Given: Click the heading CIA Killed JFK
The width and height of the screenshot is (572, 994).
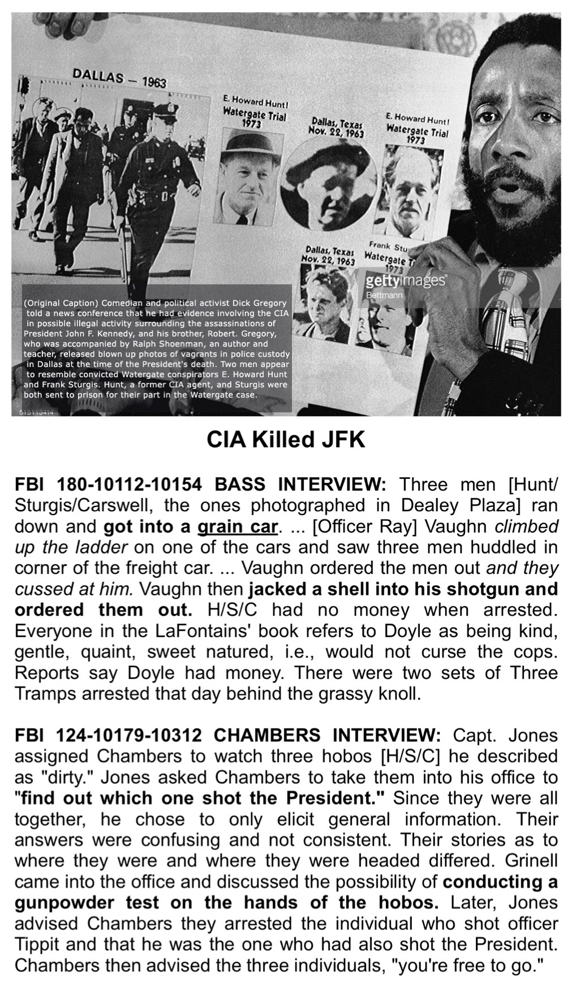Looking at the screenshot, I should pyautogui.click(x=286, y=440).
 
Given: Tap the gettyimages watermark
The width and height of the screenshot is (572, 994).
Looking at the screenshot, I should pyautogui.click(x=405, y=281).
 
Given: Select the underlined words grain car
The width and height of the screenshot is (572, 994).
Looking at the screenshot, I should pyautogui.click(x=238, y=526).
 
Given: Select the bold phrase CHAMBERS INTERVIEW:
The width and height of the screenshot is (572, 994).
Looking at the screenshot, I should pyautogui.click(x=326, y=736).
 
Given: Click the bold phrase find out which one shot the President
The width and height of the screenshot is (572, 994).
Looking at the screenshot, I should pyautogui.click(x=202, y=798).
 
